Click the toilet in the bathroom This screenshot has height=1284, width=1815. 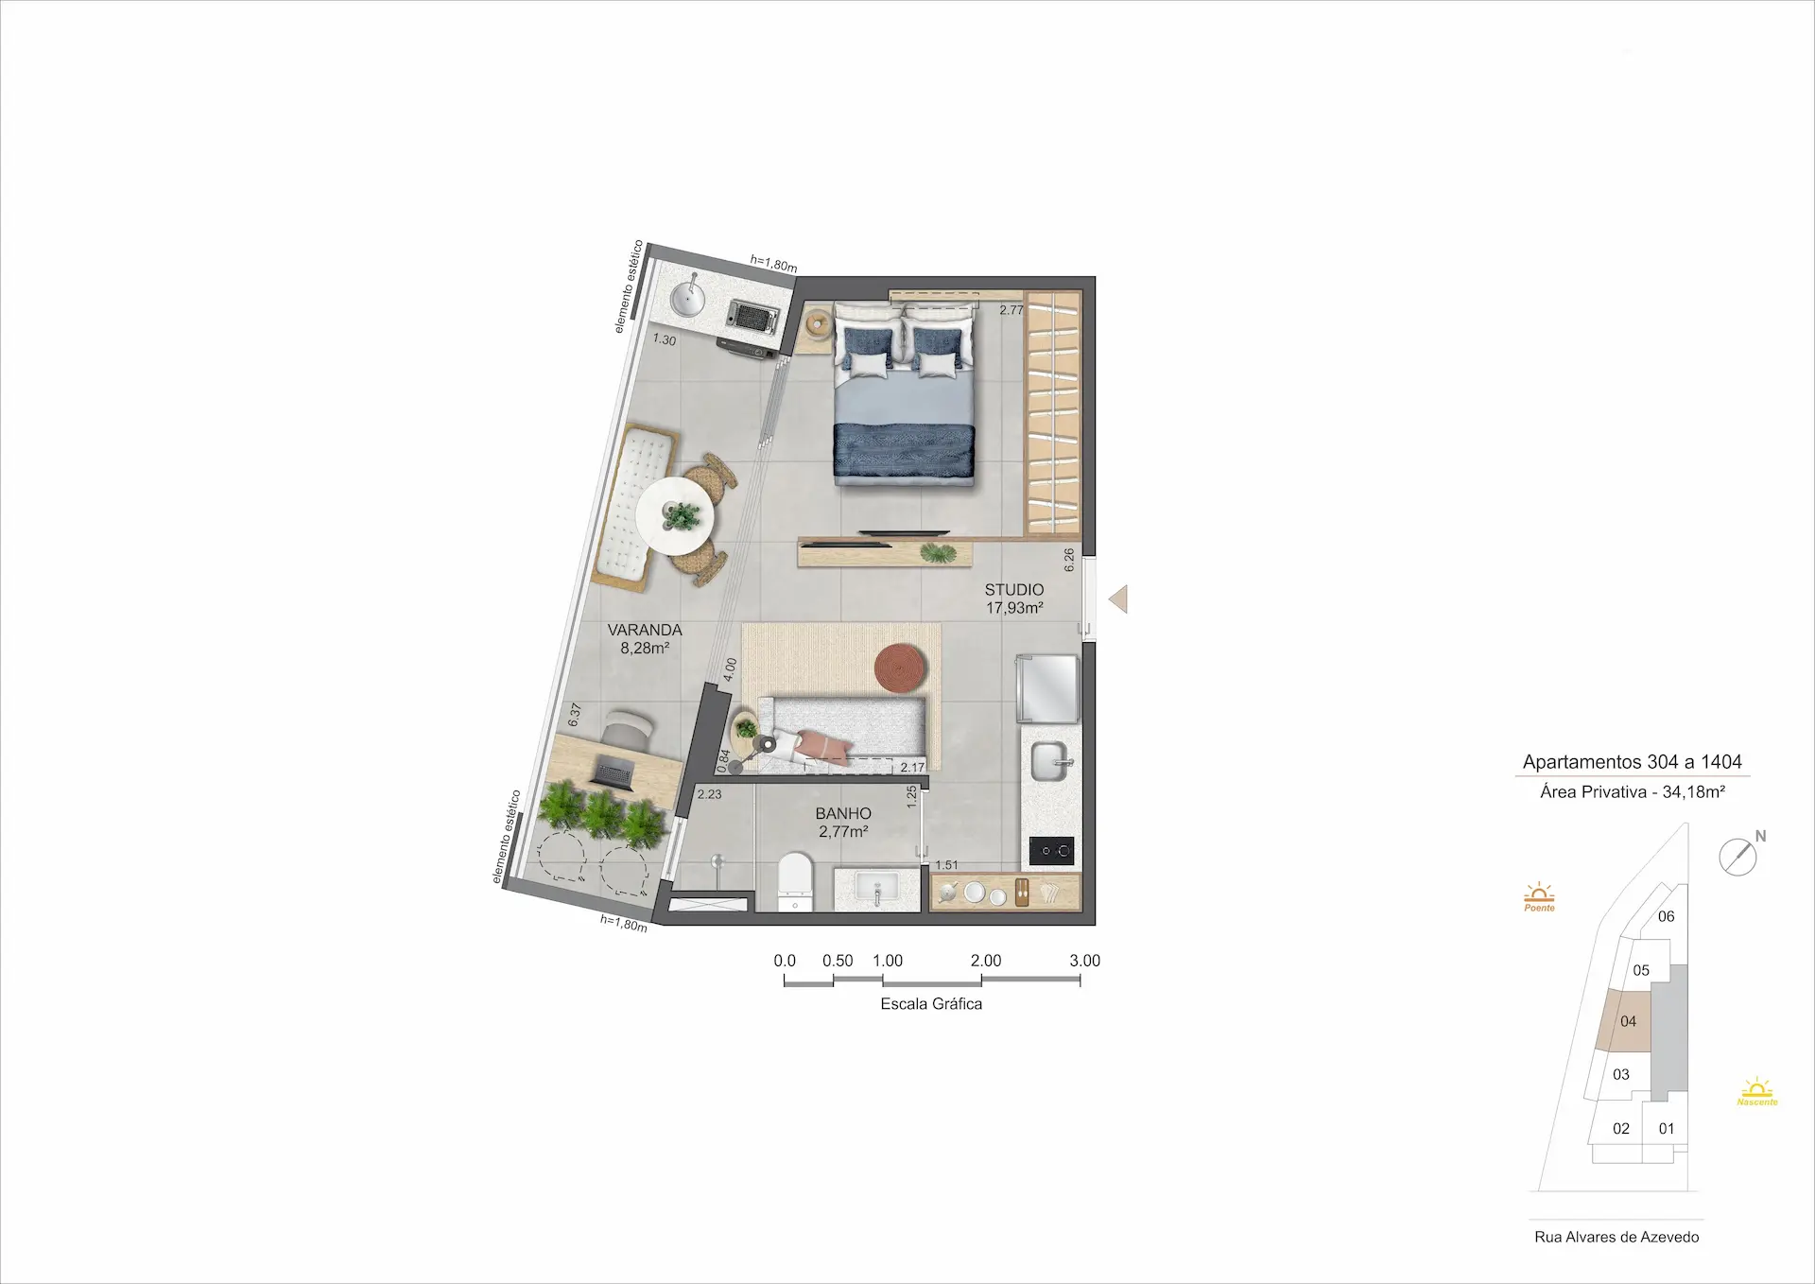pyautogui.click(x=795, y=881)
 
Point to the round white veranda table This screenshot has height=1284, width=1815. pyautogui.click(x=675, y=516)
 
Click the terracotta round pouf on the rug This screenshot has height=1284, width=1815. pyautogui.click(x=901, y=668)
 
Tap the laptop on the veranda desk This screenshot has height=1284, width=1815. pyautogui.click(x=613, y=775)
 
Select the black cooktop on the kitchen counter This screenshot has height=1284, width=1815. pyautogui.click(x=1052, y=851)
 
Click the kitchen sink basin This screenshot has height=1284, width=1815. pyautogui.click(x=1049, y=762)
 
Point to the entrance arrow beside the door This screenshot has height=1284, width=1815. pyautogui.click(x=1118, y=599)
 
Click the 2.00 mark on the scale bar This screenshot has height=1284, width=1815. pyautogui.click(x=986, y=961)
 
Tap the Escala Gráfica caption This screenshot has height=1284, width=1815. pyautogui.click(x=931, y=1004)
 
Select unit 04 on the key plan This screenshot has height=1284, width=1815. pyautogui.click(x=1628, y=1021)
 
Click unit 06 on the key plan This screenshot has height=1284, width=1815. pyautogui.click(x=1666, y=916)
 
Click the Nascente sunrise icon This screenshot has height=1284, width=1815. pyautogui.click(x=1757, y=1091)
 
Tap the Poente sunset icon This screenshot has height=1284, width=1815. pyautogui.click(x=1539, y=897)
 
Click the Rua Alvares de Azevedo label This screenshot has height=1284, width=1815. pyautogui.click(x=1616, y=1237)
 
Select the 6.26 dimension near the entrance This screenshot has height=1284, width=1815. pyautogui.click(x=1069, y=561)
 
